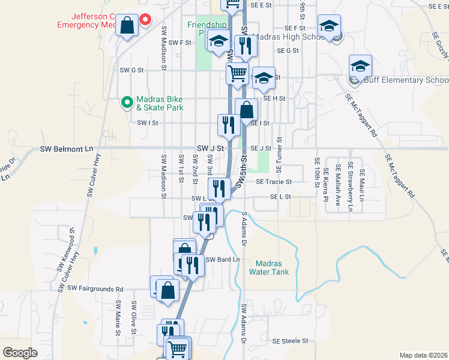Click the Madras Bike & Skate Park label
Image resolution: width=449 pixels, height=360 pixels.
(159, 103)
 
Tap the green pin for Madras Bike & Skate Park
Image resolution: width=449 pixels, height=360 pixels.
(127, 103)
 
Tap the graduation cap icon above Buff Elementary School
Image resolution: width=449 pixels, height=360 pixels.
(360, 65)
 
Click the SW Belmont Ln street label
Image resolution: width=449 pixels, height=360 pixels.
(67, 148)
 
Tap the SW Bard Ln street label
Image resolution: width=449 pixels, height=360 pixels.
(223, 260)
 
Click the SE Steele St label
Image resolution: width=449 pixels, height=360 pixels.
(290, 341)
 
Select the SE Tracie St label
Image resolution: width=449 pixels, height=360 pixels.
(273, 182)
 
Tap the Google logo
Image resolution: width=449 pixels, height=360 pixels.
(20, 353)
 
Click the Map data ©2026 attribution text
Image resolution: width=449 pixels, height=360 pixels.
(423, 355)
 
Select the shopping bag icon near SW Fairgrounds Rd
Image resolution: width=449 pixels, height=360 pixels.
(169, 291)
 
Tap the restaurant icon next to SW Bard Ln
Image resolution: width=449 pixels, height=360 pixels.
(193, 264)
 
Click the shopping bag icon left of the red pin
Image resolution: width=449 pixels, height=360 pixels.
(127, 26)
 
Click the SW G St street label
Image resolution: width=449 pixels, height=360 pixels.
(131, 70)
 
